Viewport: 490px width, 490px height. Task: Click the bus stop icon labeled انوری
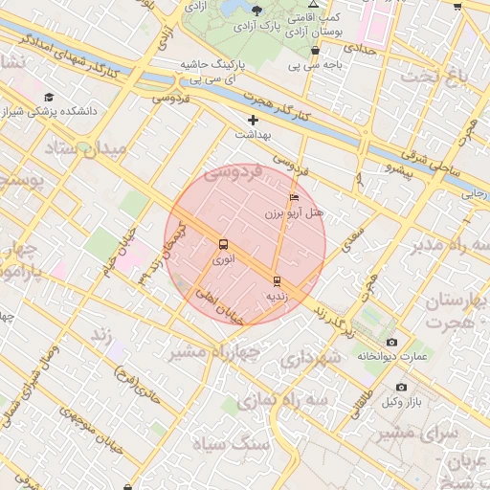223,244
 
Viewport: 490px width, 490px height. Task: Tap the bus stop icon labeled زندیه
277,280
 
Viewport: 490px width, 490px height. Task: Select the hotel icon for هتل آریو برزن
294,198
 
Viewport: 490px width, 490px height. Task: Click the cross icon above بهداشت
253,120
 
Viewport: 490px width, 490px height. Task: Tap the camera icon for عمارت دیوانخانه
390,342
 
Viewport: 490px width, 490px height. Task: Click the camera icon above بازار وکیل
400,387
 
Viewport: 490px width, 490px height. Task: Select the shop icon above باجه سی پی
315,51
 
